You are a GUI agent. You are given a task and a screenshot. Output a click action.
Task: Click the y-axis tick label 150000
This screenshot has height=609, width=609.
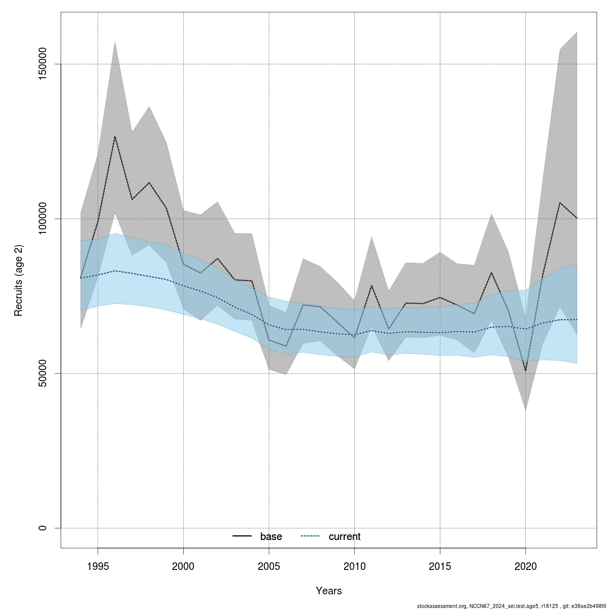pyautogui.click(x=43, y=64)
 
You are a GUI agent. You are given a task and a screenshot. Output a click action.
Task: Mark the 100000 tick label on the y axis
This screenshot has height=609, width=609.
pyautogui.click(x=43, y=219)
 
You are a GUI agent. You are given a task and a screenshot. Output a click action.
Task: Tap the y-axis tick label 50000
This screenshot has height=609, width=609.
pyautogui.click(x=43, y=374)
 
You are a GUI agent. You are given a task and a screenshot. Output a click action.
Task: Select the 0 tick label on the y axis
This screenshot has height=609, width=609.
pyautogui.click(x=43, y=528)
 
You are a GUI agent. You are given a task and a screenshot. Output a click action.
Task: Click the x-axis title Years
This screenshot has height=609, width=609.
pyautogui.click(x=329, y=591)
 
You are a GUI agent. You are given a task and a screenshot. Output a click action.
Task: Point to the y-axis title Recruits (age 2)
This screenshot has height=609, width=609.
pyautogui.click(x=19, y=281)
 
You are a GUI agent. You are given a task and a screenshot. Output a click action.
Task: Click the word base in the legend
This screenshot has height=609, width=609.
pyautogui.click(x=271, y=537)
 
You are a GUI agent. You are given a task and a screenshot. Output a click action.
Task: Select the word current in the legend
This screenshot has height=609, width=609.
pyautogui.click(x=345, y=537)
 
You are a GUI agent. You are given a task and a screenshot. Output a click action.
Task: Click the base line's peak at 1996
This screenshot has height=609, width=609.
pyautogui.click(x=115, y=136)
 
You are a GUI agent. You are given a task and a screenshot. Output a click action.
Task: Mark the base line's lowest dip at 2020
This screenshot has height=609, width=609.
pyautogui.click(x=526, y=371)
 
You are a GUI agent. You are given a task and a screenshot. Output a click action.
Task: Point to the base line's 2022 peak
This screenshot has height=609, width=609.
pyautogui.click(x=560, y=202)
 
